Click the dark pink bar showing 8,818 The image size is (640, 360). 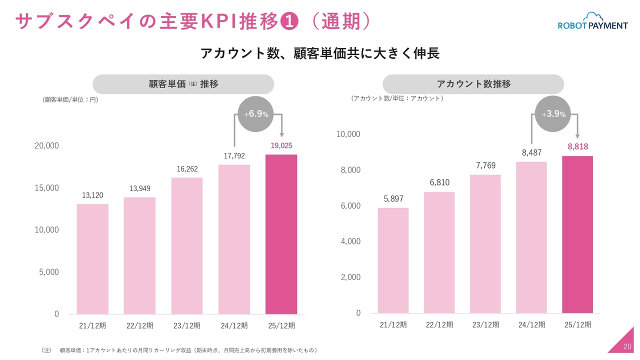point(577,234)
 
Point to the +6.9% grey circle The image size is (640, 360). point(256,114)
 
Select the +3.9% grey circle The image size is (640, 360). point(553,114)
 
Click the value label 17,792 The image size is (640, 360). point(234,156)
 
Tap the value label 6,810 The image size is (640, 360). point(439,183)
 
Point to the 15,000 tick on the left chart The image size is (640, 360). point(46,188)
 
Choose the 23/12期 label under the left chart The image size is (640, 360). point(187,326)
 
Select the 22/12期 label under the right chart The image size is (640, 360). point(439,325)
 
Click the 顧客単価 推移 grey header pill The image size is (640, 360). point(183,84)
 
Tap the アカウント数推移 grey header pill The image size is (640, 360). point(473,84)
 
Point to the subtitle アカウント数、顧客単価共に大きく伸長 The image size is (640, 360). point(320,53)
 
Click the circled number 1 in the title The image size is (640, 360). point(289,21)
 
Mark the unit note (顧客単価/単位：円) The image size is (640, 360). point(69,99)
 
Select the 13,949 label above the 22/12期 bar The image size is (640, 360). point(140,188)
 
